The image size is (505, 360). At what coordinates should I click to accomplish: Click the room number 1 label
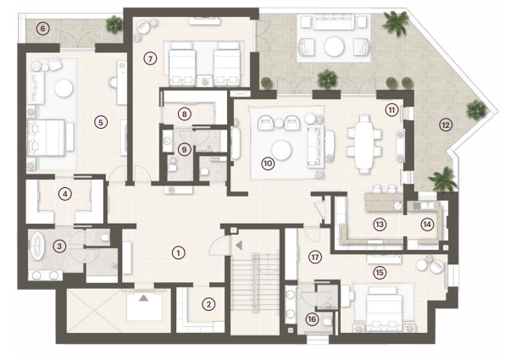pyautogui.click(x=179, y=252)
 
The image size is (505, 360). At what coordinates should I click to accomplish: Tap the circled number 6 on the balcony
pyautogui.click(x=43, y=29)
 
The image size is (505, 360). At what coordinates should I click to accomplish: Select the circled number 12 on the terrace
pyautogui.click(x=446, y=125)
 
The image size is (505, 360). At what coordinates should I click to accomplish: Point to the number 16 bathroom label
pyautogui.click(x=312, y=319)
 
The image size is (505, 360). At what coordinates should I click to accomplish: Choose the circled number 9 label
pyautogui.click(x=184, y=149)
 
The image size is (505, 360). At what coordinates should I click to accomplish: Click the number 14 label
pyautogui.click(x=427, y=224)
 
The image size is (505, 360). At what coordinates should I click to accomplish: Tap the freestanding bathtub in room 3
pyautogui.click(x=37, y=246)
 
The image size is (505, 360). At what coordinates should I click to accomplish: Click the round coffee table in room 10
pyautogui.click(x=281, y=150)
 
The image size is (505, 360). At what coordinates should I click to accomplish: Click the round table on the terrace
pyautogui.click(x=334, y=47)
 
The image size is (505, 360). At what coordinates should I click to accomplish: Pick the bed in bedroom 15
pyautogui.click(x=383, y=307)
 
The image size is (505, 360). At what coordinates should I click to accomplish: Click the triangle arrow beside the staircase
pyautogui.click(x=239, y=246)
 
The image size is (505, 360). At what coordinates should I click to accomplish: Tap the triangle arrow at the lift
pyautogui.click(x=144, y=298)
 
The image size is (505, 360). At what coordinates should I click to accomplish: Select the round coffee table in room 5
pyautogui.click(x=64, y=88)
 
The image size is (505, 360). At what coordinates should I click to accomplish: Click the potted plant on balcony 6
pyautogui.click(x=114, y=25)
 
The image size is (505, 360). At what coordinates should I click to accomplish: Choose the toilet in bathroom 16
pyautogui.click(x=328, y=321)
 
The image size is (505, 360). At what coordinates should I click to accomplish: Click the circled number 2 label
pyautogui.click(x=208, y=304)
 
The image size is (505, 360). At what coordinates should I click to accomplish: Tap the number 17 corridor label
pyautogui.click(x=314, y=257)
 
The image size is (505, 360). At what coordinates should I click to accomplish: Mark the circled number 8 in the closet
pyautogui.click(x=184, y=114)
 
